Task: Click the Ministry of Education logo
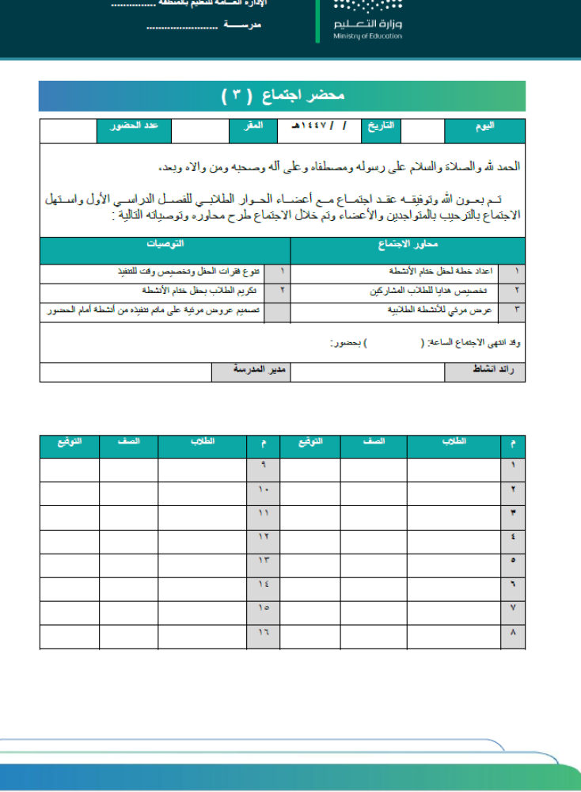pos(367,20)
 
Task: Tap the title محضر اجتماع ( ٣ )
pos(283,96)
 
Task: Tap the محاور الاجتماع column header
pos(408,246)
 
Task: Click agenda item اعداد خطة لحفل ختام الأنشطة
pos(443,271)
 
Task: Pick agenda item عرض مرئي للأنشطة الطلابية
pos(439,310)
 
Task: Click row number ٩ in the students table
pos(264,465)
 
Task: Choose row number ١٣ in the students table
pos(264,560)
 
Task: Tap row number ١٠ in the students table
pos(264,489)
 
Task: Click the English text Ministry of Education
pos(367,36)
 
